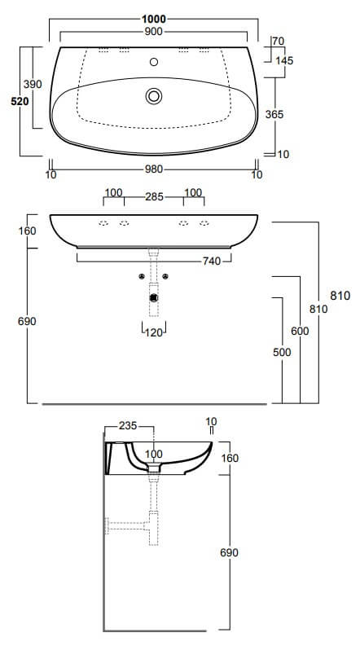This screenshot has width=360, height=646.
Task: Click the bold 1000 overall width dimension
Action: coord(154,19)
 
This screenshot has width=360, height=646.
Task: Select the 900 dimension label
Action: coord(154,31)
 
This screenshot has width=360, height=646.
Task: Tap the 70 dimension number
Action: coord(279,41)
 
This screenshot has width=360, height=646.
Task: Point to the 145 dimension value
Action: coord(284,60)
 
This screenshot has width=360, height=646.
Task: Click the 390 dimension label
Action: coord(33,85)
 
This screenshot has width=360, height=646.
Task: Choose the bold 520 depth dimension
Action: coord(20,101)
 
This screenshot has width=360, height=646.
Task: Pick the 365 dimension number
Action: coord(274,114)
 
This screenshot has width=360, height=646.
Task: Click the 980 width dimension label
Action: coord(154,169)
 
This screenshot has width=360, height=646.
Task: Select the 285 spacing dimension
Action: coord(154,197)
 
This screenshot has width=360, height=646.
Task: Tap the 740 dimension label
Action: coord(211,261)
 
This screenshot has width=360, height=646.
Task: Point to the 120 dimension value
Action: coord(154,332)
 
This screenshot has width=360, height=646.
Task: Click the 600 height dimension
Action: coord(300,331)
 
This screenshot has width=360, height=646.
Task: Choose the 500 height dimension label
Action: coord(282,352)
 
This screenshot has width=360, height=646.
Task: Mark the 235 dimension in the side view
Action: coord(128,425)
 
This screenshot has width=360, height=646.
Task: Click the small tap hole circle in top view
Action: coord(154,62)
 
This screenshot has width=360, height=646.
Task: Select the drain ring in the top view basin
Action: coord(154,96)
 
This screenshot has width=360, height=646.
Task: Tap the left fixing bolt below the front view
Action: coord(142,276)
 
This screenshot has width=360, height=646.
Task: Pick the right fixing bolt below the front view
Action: coord(165,276)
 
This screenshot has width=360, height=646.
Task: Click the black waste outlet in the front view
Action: coord(154,297)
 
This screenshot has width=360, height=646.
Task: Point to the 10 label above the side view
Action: coord(211,421)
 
